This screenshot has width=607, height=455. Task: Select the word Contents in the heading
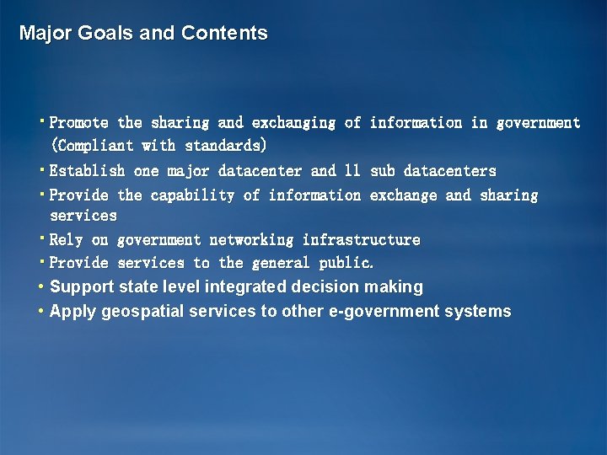(224, 34)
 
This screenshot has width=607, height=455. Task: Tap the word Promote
(79, 123)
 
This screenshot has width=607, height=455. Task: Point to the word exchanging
(293, 123)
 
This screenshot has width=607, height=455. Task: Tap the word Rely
(67, 240)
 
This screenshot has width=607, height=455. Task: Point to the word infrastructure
(361, 240)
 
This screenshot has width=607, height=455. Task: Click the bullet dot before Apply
(40, 312)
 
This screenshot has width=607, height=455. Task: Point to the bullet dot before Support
(40, 287)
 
